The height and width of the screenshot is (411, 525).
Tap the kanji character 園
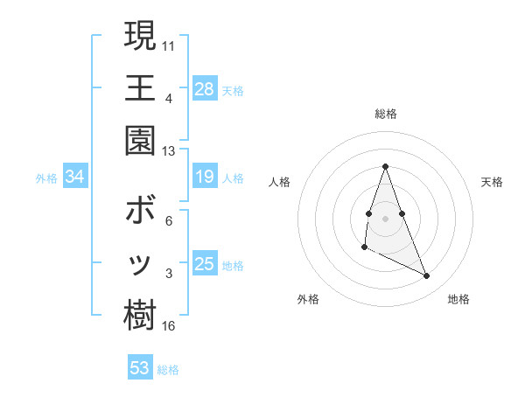coord(140,140)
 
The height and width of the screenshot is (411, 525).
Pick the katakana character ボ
coord(140,212)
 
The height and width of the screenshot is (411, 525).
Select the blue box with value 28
coord(205,89)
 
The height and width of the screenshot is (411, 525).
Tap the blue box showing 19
coord(205,178)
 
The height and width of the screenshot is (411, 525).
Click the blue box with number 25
coord(205,264)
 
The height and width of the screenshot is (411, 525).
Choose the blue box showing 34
coord(75,178)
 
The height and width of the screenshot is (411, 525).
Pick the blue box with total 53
coord(140,368)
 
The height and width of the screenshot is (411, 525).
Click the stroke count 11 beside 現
coord(170,44)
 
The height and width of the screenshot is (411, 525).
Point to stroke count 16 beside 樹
coord(169,326)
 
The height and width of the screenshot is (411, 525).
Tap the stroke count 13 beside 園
coord(169,150)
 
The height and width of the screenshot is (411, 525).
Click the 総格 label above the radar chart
coord(386,114)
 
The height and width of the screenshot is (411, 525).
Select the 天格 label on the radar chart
coord(492,182)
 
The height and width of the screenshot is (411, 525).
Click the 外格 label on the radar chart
coord(308,299)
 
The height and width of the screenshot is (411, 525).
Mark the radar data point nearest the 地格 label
coord(427,276)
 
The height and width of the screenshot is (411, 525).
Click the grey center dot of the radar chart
coord(386,216)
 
